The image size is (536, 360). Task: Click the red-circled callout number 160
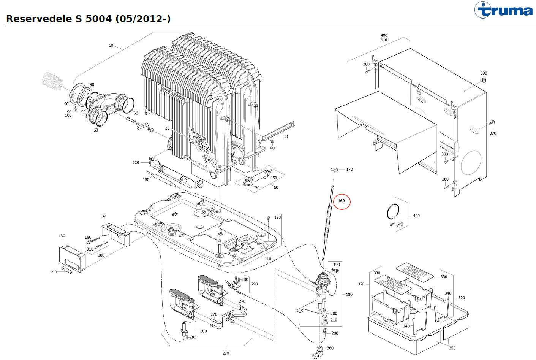(341, 201)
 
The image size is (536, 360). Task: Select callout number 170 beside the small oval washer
(349, 169)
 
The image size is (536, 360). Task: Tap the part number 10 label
(111, 46)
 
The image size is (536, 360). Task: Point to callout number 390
(484, 73)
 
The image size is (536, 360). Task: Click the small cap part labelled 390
(484, 79)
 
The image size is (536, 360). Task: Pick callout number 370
(493, 133)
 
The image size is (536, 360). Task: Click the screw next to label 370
(490, 122)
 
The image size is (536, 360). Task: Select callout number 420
(416, 216)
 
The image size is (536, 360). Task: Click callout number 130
(62, 236)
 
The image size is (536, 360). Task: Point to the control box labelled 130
(71, 259)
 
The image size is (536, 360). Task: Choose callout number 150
(103, 217)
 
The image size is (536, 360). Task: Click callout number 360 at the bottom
(330, 348)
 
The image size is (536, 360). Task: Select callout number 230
(226, 353)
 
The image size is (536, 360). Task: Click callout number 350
(452, 348)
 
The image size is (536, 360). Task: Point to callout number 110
(268, 259)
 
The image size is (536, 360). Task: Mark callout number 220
(136, 163)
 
